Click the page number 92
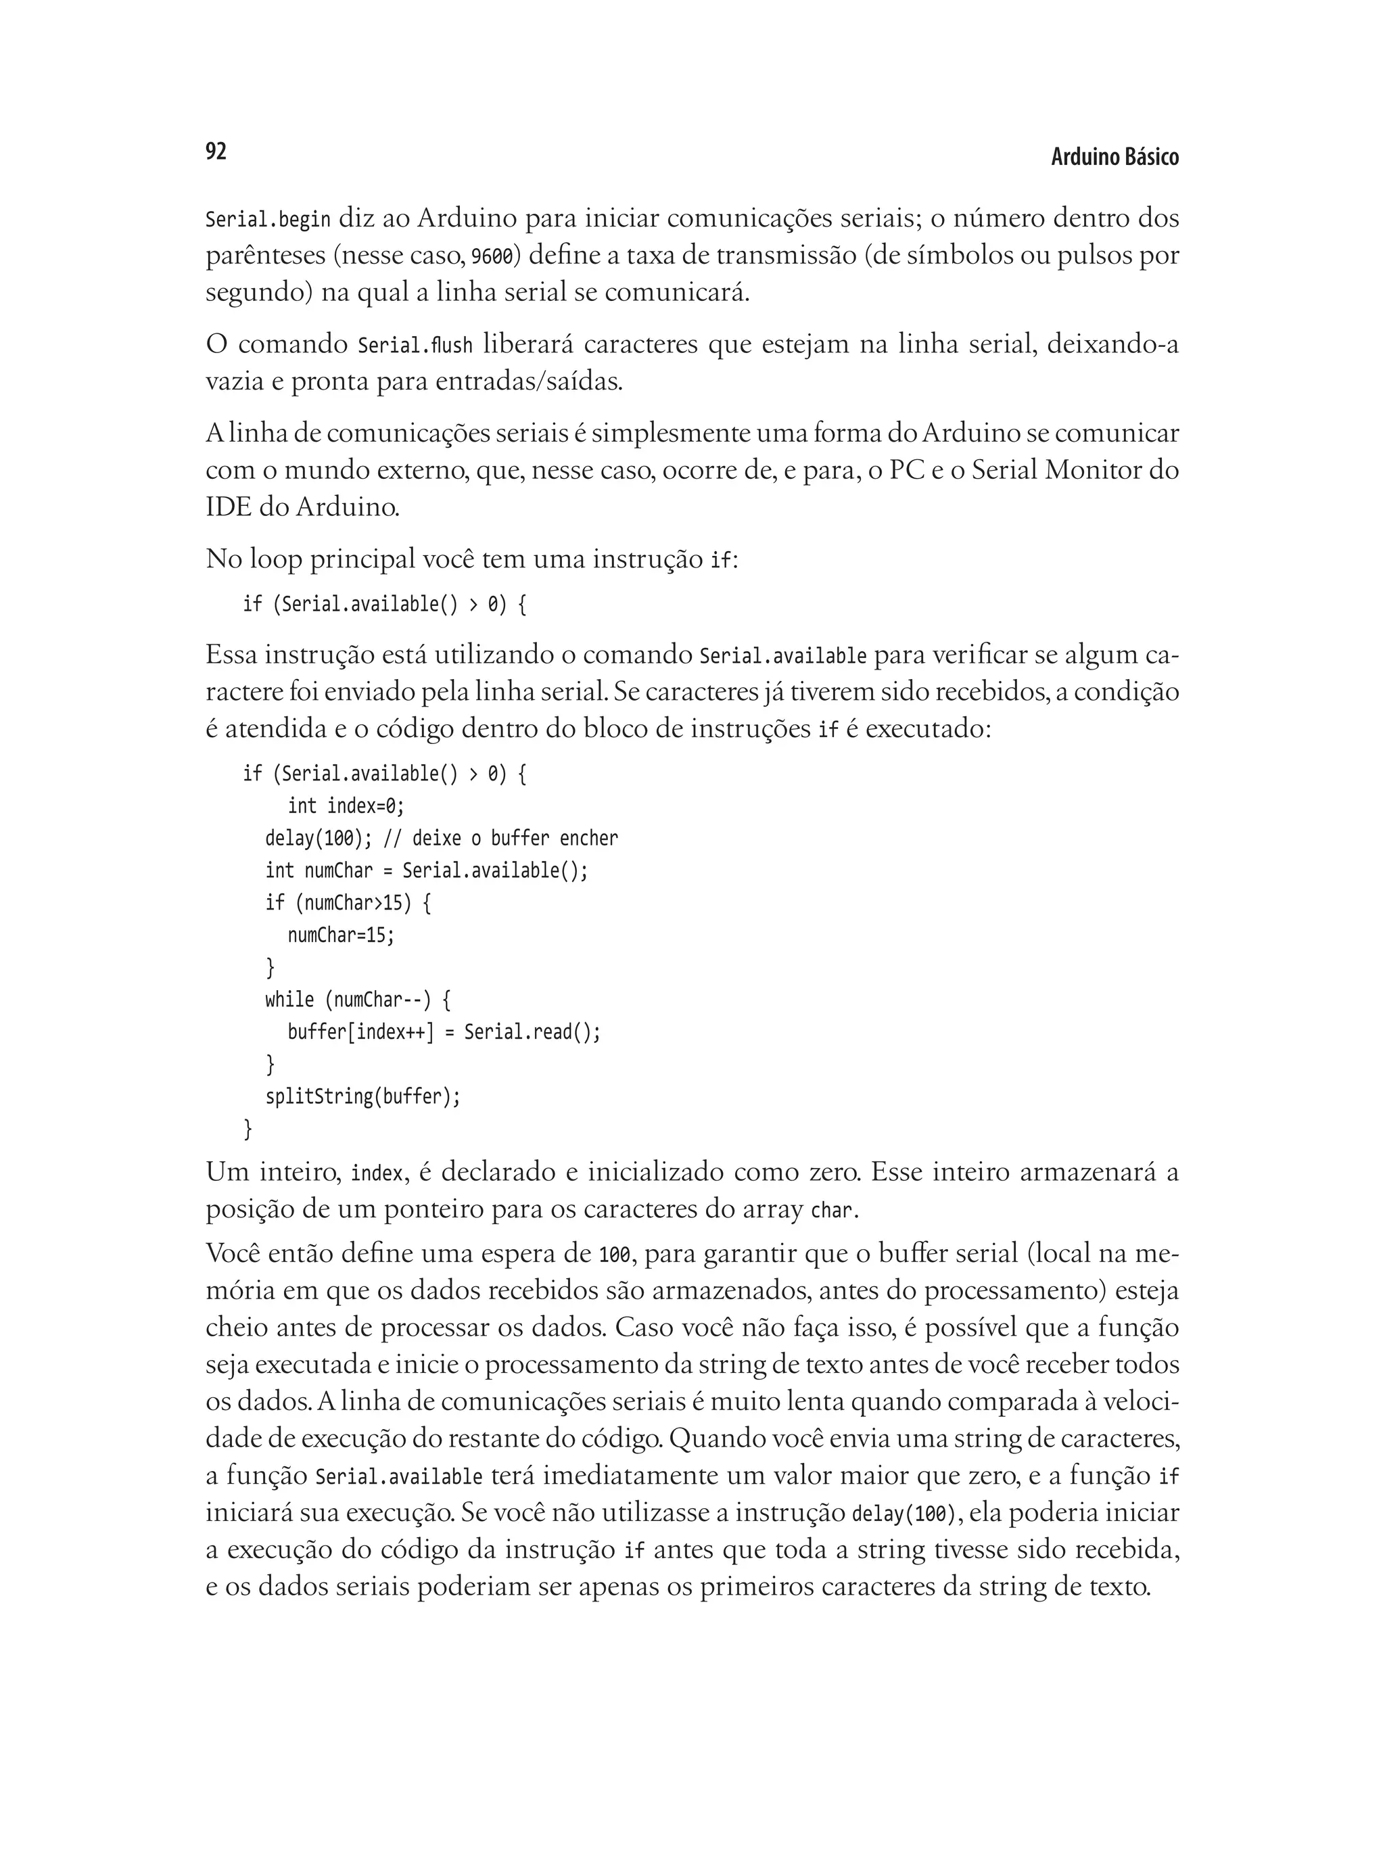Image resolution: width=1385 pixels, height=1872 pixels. tap(216, 151)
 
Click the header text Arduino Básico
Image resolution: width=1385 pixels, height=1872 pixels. tap(1114, 157)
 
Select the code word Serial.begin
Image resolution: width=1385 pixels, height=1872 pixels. tap(267, 220)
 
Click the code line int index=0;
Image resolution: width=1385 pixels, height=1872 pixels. tap(346, 805)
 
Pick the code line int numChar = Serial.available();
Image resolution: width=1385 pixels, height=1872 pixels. tap(427, 870)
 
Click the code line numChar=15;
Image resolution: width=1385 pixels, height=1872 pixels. tap(340, 935)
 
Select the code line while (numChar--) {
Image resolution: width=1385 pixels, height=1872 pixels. tap(358, 1000)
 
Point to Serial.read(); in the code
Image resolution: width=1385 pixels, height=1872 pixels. tap(532, 1032)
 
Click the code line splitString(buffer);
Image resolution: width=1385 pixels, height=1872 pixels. tap(363, 1096)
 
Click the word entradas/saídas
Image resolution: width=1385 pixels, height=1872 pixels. tap(529, 381)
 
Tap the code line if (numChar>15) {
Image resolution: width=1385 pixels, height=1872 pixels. tap(348, 903)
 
